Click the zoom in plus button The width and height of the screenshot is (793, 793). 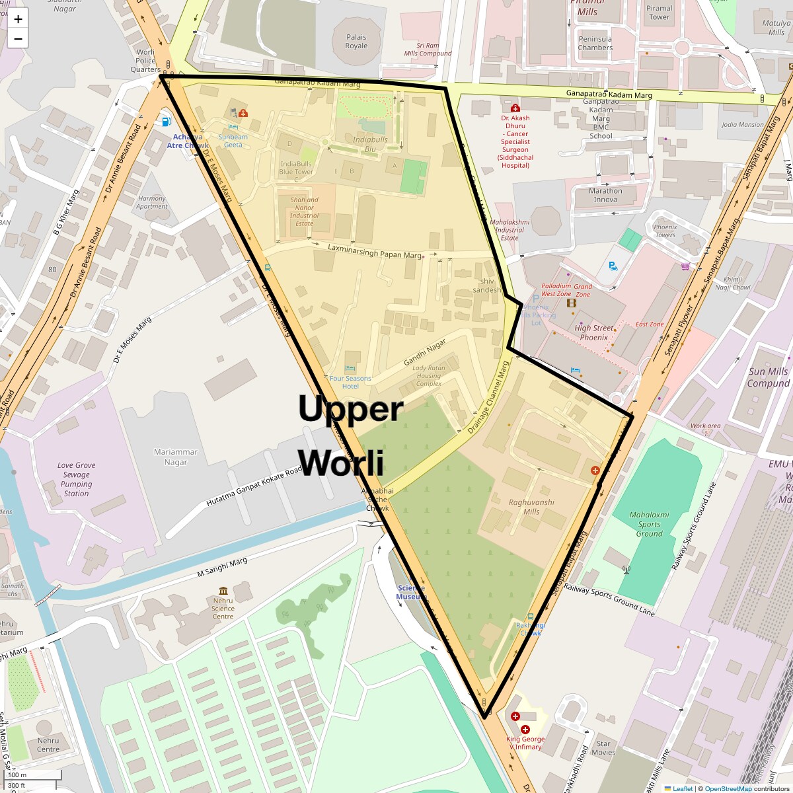pos(18,19)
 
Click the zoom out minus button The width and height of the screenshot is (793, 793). pos(18,38)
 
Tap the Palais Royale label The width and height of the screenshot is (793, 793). pos(356,42)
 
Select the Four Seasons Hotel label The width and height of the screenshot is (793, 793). pos(350,382)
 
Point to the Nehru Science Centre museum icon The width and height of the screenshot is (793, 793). pos(223,591)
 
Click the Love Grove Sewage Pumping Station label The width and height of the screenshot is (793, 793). pos(76,479)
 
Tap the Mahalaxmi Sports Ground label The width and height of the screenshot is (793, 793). pos(649,524)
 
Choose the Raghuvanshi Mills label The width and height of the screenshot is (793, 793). pos(531,507)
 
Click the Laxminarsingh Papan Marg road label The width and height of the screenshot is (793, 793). pos(375,251)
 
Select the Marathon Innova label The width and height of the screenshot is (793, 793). pos(605,195)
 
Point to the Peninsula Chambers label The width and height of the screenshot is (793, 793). pos(595,43)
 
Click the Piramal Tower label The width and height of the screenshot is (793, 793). pos(659,13)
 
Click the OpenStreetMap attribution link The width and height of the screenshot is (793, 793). pos(728,788)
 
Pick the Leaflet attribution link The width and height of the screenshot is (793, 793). pos(683,788)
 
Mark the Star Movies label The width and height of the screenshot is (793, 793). pos(603,747)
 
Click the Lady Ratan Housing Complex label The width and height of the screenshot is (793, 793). pos(429,376)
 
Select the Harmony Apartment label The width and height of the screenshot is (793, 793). pos(152,202)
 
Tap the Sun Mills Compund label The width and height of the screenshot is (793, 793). pos(768,377)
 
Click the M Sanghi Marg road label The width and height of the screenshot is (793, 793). pos(223,568)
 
